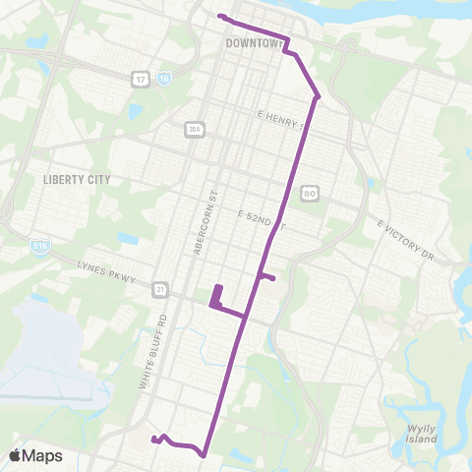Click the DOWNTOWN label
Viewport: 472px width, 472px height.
254,43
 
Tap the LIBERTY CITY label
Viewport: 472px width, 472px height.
77,180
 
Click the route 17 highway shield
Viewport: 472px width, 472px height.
143,79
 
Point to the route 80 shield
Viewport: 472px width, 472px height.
309,192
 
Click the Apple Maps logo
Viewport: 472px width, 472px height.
36,455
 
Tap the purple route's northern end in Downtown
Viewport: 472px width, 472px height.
219,16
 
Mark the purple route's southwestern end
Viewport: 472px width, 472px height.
152,441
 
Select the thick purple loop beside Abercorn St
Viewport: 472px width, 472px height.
216,296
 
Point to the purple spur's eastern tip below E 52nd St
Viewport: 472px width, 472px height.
272,278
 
